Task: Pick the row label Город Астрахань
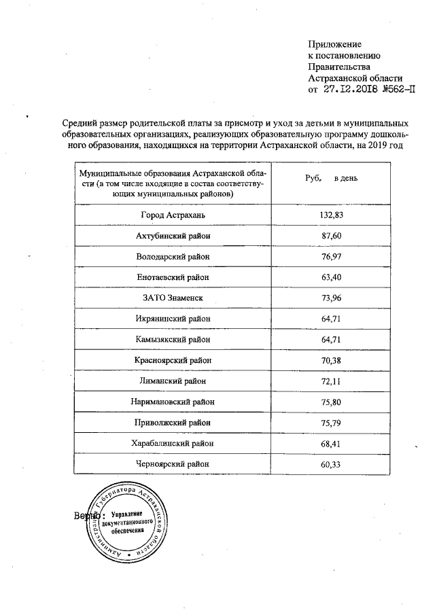pyautogui.click(x=173, y=215)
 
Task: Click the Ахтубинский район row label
pyautogui.click(x=173, y=236)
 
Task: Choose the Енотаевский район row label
pyautogui.click(x=173, y=277)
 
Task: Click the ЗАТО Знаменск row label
pyautogui.click(x=173, y=298)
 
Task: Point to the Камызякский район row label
pyautogui.click(x=173, y=339)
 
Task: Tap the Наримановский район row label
pyautogui.click(x=173, y=402)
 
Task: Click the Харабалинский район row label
pyautogui.click(x=173, y=443)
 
